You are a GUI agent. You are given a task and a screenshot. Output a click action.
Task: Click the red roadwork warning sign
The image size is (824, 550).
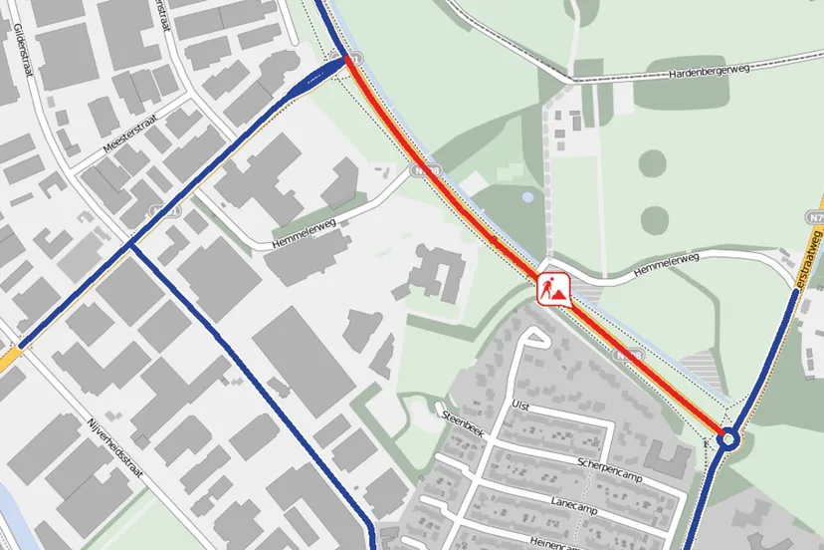click(x=553, y=288)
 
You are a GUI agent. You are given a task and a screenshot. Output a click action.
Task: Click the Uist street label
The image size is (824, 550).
click(x=518, y=406)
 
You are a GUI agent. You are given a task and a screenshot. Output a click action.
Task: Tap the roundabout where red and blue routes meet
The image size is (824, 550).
click(x=728, y=438)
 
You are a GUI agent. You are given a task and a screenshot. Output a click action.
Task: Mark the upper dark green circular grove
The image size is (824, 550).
click(x=654, y=163)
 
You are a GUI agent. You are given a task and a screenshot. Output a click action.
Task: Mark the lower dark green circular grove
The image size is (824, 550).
click(x=654, y=219)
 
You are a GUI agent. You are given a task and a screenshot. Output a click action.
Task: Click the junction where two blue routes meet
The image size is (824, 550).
click(x=130, y=243)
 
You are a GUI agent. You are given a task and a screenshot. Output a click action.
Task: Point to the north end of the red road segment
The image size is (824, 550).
click(x=349, y=61)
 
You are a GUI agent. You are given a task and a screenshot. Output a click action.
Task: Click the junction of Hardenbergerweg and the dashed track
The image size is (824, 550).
click(x=576, y=79)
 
